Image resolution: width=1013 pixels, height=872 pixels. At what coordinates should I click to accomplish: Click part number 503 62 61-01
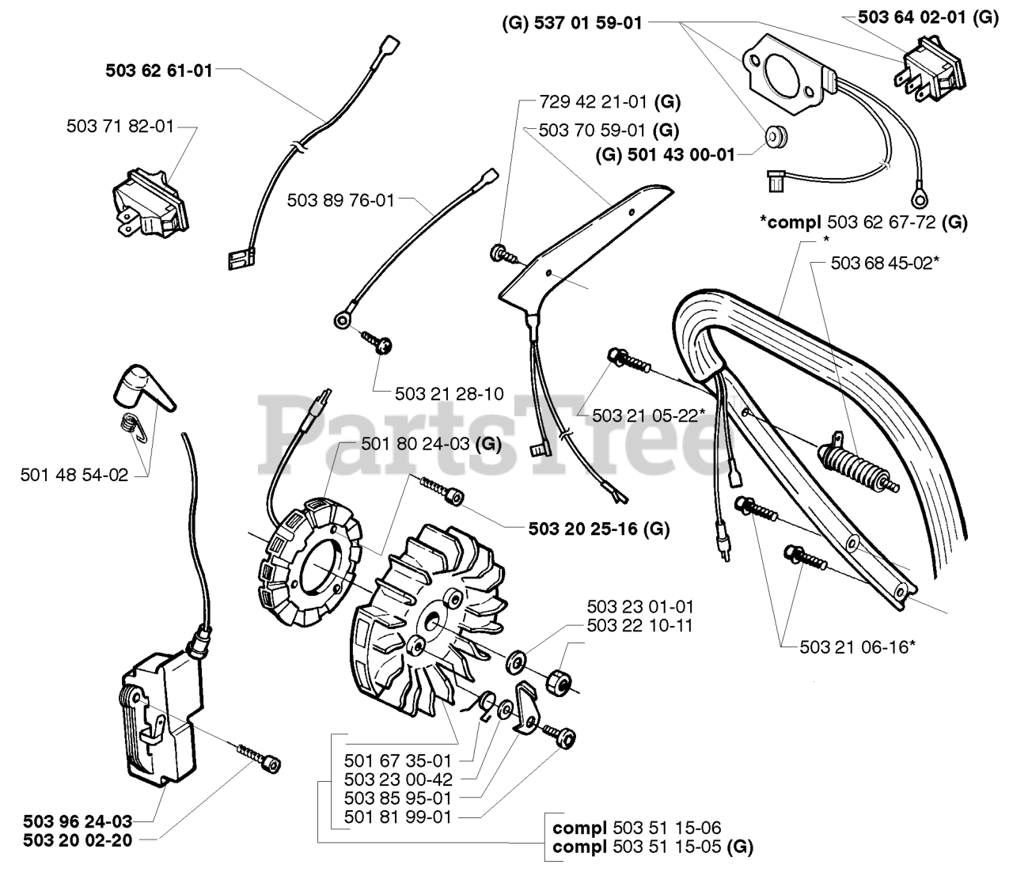[159, 70]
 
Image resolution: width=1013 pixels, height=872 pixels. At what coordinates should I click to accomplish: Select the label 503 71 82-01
[120, 126]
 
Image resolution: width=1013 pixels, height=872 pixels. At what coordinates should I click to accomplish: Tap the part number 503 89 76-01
[340, 200]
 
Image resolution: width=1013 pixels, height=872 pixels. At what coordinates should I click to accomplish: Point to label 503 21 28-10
[450, 393]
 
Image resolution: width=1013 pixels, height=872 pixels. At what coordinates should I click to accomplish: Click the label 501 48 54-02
[74, 475]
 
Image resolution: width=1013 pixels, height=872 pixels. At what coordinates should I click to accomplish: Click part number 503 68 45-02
[885, 263]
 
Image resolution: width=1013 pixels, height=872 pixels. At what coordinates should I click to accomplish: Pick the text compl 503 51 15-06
[637, 828]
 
